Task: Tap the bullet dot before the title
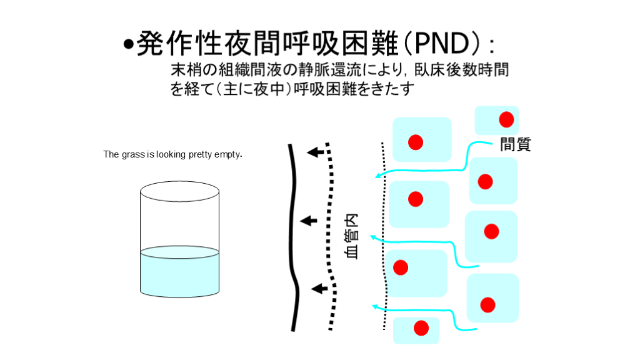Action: coord(129,44)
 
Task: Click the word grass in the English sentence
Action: coord(134,155)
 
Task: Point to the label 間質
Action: coord(516,144)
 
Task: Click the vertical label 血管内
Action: coord(352,236)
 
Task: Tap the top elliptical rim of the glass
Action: coord(179,182)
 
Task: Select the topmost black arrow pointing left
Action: coord(315,152)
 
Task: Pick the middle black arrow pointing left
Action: coord(309,221)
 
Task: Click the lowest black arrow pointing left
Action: coord(319,289)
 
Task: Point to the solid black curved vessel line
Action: coord(293,237)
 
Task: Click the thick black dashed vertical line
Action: coord(331,237)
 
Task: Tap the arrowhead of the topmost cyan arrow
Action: coord(378,176)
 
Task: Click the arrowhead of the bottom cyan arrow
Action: coord(375,306)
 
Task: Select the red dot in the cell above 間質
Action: coord(506,119)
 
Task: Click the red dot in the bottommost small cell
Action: coord(421,328)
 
